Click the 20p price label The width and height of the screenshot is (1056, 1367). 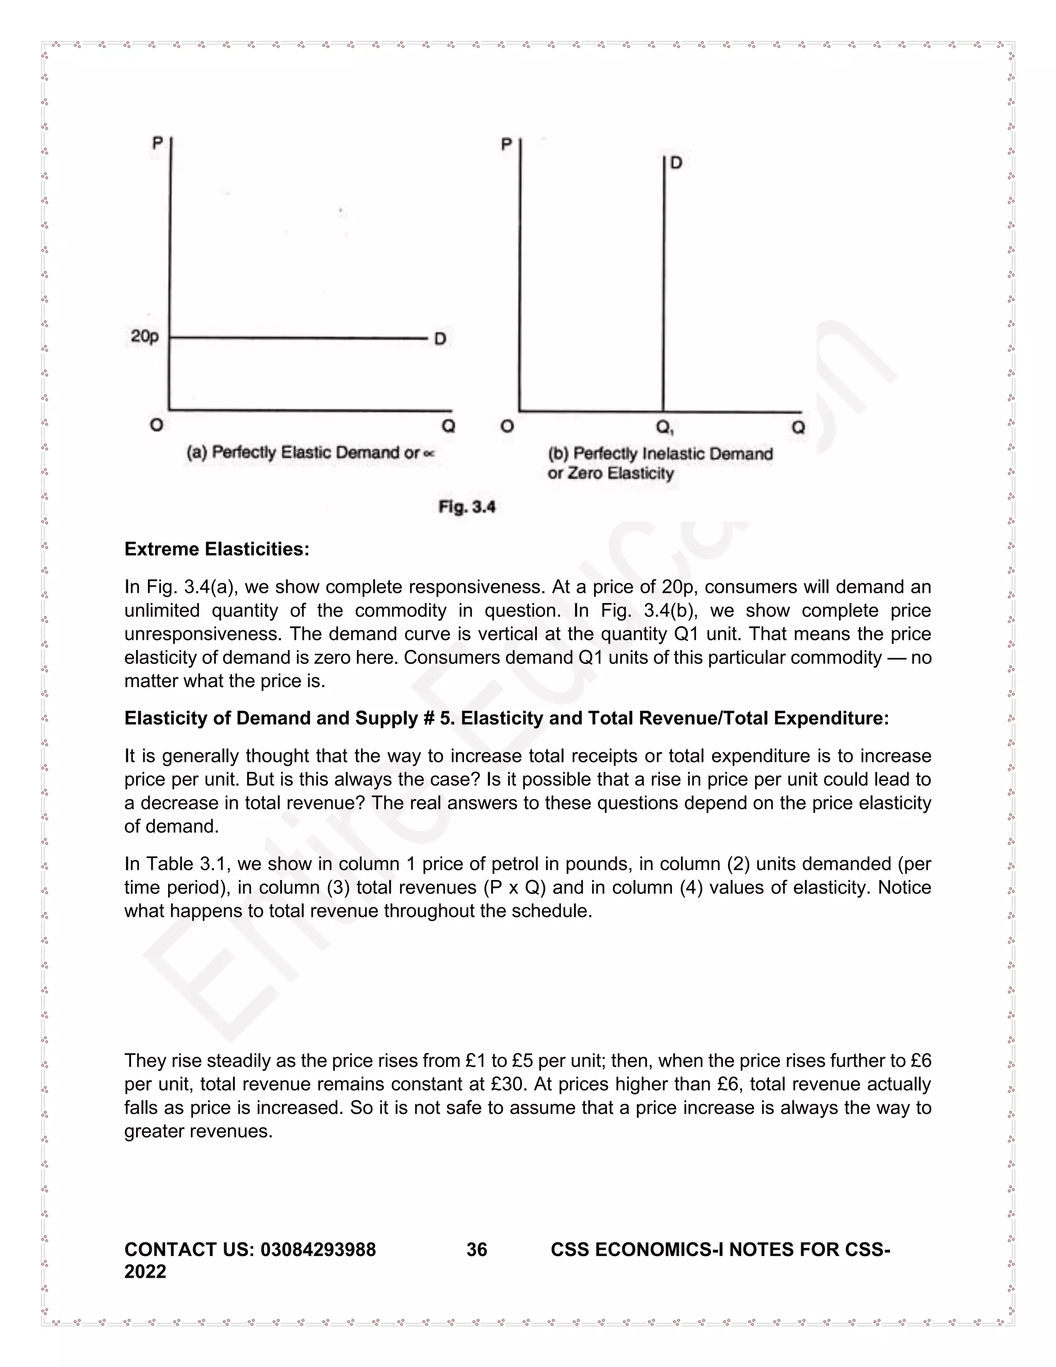(x=144, y=337)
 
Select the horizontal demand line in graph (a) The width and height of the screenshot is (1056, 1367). (x=297, y=338)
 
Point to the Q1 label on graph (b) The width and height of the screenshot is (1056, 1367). (x=664, y=428)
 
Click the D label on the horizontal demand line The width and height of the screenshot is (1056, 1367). (x=440, y=339)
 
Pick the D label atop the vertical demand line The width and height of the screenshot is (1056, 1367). (x=676, y=164)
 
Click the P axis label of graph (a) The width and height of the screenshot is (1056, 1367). (x=157, y=143)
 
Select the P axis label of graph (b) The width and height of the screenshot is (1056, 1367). (x=507, y=144)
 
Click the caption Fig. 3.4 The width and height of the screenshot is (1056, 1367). (x=467, y=507)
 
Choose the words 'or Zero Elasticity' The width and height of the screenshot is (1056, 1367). (x=610, y=473)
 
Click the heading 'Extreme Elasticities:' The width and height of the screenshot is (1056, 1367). (x=217, y=549)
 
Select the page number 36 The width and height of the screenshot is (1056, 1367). (x=477, y=1249)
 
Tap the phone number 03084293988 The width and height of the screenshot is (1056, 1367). (x=318, y=1249)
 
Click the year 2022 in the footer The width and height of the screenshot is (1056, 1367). (x=145, y=1271)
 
